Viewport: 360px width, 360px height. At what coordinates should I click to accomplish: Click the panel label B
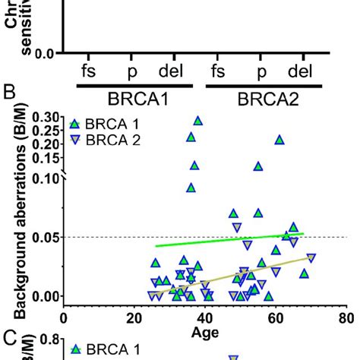click(x=10, y=95)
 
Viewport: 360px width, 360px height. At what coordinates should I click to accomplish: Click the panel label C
click(x=10, y=339)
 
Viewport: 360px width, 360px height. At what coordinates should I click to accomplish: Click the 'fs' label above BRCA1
click(x=90, y=73)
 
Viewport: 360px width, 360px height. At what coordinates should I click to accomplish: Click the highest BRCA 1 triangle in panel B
click(x=198, y=121)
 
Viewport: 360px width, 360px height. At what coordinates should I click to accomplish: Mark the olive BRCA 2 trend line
click(x=228, y=276)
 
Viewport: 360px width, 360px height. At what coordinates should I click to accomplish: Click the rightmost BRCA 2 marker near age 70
click(x=311, y=257)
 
